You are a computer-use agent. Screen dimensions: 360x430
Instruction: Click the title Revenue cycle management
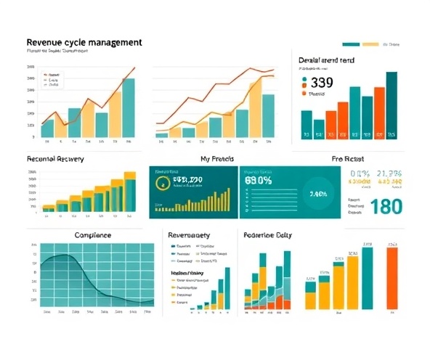84,43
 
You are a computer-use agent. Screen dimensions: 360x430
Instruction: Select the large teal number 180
386,206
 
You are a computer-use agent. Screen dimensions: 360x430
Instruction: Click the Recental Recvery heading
55,158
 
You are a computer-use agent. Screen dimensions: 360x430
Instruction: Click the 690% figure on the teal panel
259,179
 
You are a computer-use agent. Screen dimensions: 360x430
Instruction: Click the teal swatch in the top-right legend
351,44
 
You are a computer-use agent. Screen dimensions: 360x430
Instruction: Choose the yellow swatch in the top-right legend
370,44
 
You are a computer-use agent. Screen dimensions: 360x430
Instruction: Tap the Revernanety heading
189,235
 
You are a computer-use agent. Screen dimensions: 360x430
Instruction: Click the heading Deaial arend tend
327,60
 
